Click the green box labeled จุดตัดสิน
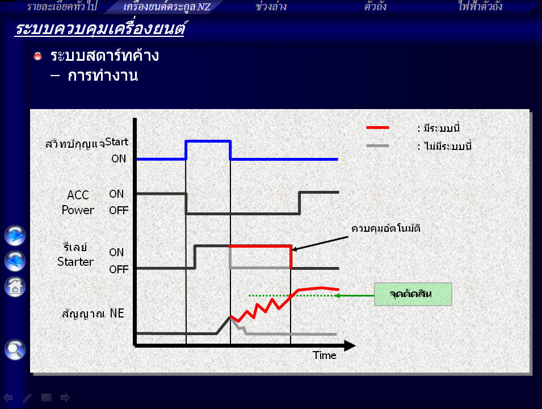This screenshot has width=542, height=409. (413, 294)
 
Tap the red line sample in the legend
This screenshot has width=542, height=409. (377, 128)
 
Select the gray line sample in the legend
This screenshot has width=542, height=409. (377, 145)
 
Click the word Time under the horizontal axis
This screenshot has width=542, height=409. (324, 356)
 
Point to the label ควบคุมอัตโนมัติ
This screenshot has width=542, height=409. (386, 228)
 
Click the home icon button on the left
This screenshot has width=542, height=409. (15, 286)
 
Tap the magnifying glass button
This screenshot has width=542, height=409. (15, 349)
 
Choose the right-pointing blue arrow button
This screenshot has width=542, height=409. (15, 236)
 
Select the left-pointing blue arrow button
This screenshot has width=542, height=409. (15, 261)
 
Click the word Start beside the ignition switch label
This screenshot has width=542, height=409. (117, 142)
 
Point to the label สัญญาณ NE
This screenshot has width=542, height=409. (93, 314)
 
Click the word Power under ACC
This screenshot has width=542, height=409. (78, 210)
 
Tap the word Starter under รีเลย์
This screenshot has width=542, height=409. (75, 262)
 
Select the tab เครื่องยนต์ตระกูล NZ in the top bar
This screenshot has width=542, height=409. (167, 7)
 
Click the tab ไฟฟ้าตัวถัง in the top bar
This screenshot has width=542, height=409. (480, 6)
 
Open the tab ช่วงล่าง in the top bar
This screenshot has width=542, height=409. (271, 6)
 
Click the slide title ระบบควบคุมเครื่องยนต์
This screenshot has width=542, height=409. (100, 28)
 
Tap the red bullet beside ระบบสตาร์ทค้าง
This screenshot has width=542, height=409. (37, 56)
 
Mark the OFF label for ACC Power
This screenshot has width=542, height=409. (119, 210)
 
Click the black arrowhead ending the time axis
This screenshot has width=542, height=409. (350, 345)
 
